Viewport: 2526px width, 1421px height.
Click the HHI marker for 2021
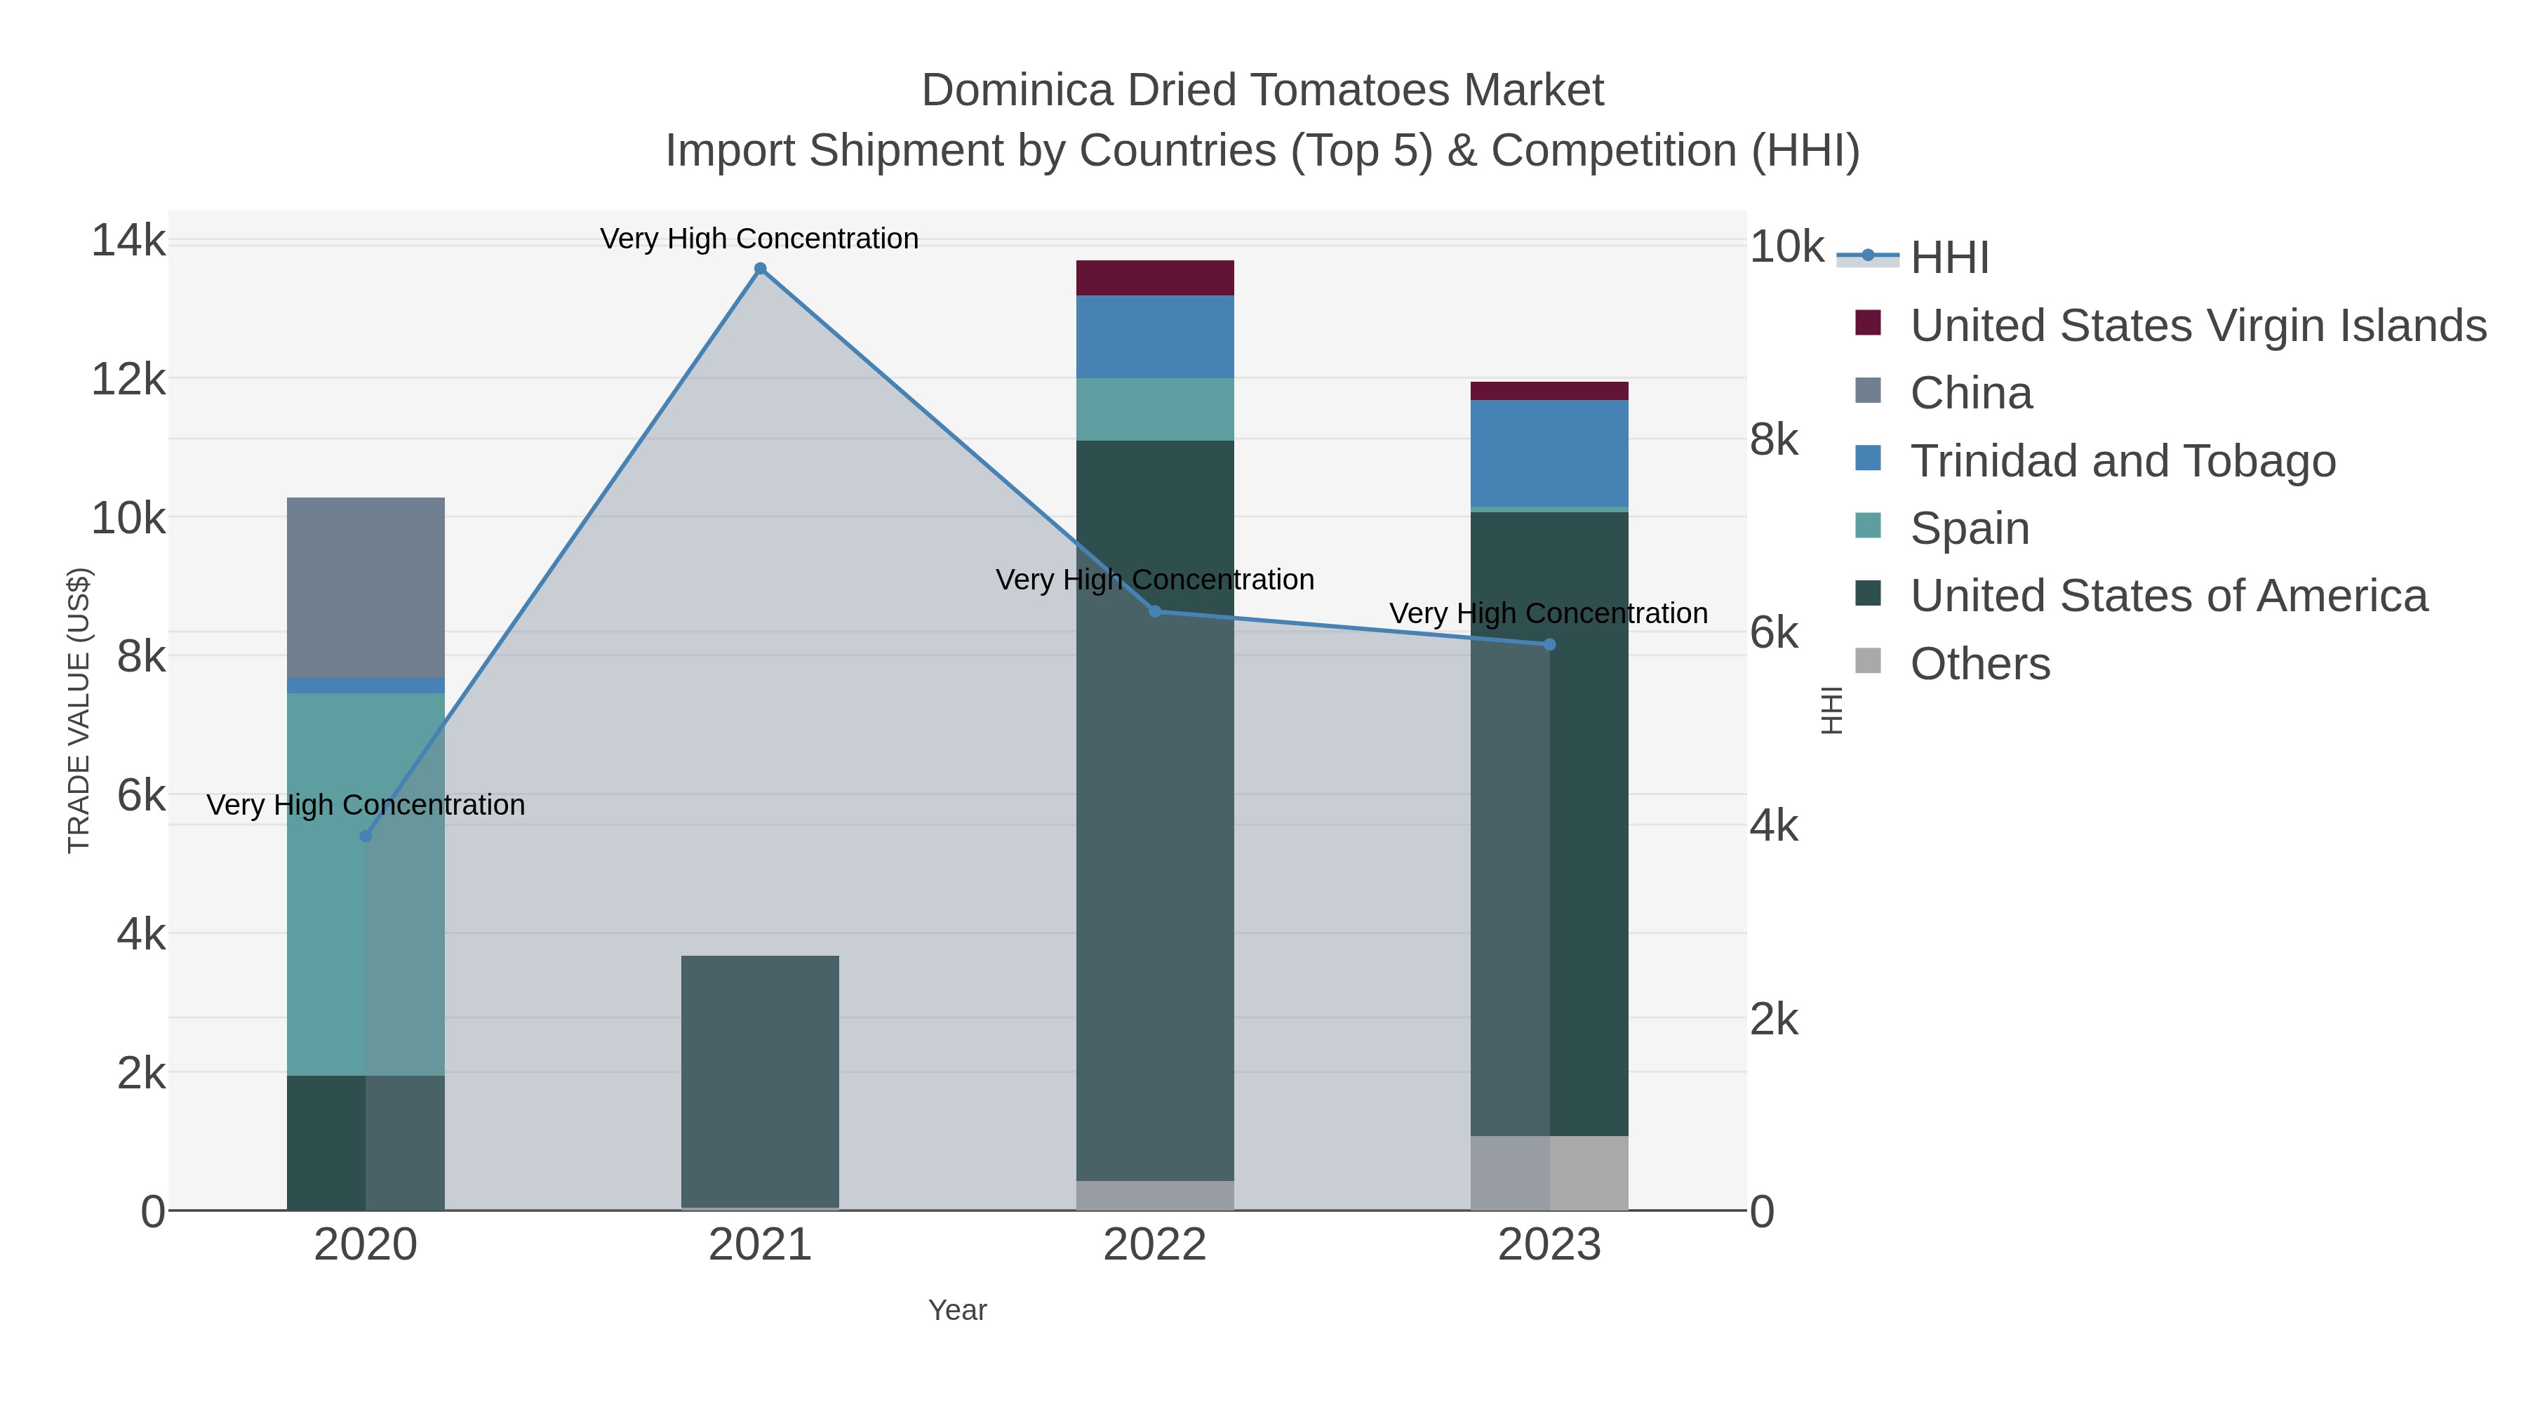tap(760, 269)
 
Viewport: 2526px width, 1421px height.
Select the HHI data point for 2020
tap(366, 836)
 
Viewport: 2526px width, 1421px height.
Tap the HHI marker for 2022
tap(1154, 611)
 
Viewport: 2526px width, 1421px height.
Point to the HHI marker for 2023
tap(1549, 644)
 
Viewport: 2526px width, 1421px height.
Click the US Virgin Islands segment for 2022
tap(1154, 277)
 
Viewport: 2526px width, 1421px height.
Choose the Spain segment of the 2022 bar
tap(1154, 409)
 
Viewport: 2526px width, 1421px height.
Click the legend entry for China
tap(1970, 393)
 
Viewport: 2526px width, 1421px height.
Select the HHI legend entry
tap(1949, 258)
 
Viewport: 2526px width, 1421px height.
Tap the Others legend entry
tap(1979, 664)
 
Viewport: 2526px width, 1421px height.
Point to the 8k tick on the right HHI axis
tap(1774, 440)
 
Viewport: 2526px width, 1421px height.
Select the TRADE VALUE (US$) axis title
tap(79, 710)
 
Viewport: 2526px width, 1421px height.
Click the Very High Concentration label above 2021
tap(759, 239)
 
